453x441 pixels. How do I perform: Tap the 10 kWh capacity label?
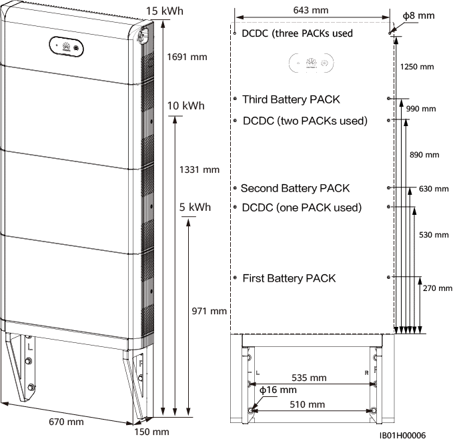[x=186, y=106]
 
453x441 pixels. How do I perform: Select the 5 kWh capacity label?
[x=195, y=207]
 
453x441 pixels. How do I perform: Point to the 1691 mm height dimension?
[x=186, y=57]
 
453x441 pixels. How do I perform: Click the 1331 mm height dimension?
[x=199, y=170]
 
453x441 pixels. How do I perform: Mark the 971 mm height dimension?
[x=208, y=312]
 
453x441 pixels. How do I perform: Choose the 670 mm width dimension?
[x=66, y=422]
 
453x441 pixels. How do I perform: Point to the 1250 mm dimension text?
[x=418, y=67]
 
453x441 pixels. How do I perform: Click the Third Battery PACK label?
[x=291, y=99]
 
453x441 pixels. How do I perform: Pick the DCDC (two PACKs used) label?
[x=306, y=121]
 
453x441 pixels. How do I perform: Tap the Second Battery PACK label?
[x=295, y=189]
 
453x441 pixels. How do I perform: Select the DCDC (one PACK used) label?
[x=302, y=207]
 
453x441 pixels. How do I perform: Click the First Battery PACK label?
[x=289, y=278]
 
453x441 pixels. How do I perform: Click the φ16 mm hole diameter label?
[x=278, y=390]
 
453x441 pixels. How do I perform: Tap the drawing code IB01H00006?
[x=403, y=434]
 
